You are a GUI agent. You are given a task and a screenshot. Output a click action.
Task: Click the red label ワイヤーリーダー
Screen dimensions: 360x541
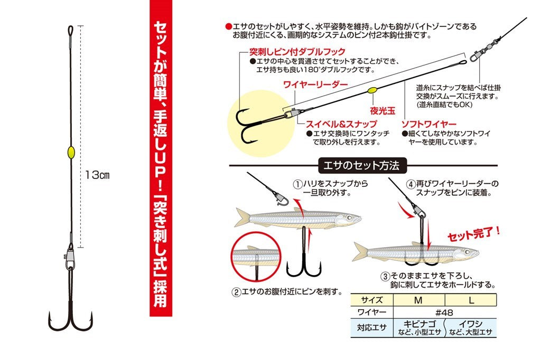pos(315,84)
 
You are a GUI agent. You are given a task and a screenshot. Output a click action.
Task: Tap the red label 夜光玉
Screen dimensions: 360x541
pos(383,110)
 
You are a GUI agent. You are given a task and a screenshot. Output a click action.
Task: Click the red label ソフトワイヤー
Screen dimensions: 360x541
pos(426,122)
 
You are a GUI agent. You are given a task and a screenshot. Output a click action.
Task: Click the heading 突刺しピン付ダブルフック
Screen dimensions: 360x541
pos(297,51)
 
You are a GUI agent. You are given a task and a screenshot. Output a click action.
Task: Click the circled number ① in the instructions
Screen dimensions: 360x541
pos(299,184)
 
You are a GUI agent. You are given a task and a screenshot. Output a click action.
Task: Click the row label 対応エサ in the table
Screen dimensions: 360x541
pos(372,327)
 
